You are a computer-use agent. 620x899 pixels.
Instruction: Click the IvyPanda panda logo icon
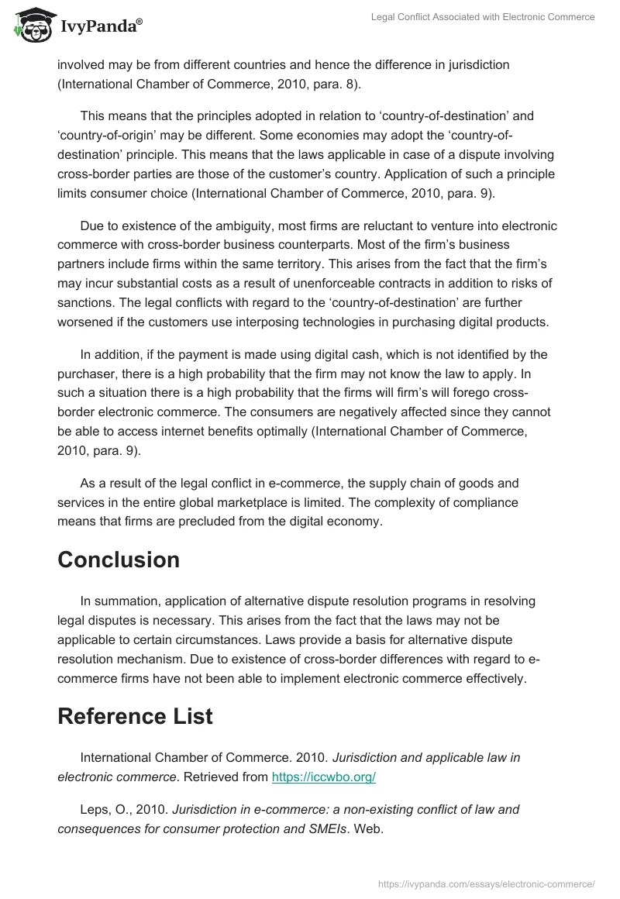pos(30,26)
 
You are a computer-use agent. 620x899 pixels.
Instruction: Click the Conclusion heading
pos(119,560)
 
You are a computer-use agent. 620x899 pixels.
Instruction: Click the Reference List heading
pos(135,717)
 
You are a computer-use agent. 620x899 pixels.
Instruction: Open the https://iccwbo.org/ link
pos(323,777)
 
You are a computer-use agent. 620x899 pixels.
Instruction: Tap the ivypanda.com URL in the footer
pos(487,883)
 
